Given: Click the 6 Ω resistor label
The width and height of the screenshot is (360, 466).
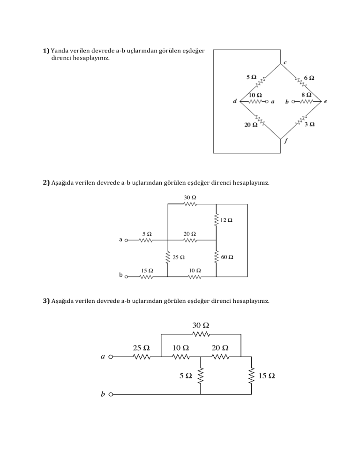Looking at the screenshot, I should [309, 78].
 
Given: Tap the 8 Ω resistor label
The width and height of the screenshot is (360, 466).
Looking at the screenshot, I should [307, 94].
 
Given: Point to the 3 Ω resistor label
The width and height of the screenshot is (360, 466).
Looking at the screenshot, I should [309, 124].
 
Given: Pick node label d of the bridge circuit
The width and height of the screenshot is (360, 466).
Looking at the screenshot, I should [234, 101].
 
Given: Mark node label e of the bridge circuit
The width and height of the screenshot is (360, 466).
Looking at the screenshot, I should [325, 101].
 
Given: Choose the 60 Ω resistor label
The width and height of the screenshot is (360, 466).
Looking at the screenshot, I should [227, 257].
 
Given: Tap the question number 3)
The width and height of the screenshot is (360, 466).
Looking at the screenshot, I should [46, 300].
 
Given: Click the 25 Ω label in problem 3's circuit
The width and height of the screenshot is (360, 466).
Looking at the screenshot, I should [141, 348].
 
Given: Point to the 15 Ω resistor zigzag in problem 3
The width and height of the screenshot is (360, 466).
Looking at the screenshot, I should [251, 376].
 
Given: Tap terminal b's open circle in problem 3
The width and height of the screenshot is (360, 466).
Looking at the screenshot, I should [111, 395].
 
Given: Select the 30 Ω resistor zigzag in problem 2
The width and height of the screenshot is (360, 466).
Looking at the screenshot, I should [190, 204].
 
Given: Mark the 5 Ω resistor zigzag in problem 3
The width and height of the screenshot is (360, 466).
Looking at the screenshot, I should [201, 376].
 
